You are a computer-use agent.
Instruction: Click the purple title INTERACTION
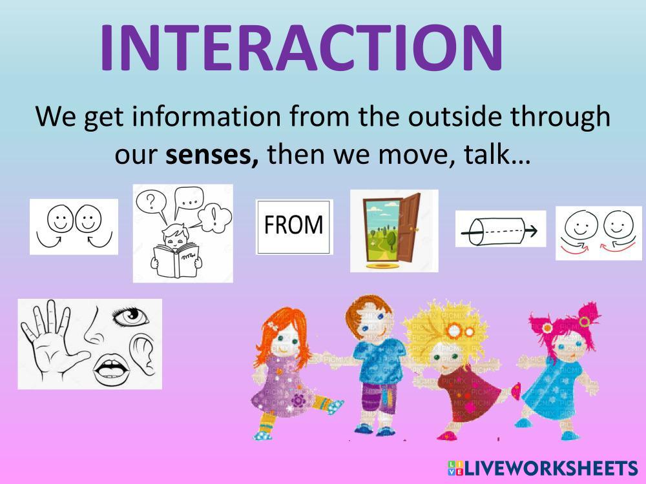301,48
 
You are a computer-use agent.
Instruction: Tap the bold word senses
212,155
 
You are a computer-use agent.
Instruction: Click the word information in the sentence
207,116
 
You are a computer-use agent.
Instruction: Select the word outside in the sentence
455,116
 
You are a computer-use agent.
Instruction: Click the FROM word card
294,227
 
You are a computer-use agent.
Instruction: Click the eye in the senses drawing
130,318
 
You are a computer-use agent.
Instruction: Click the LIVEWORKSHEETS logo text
543,469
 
